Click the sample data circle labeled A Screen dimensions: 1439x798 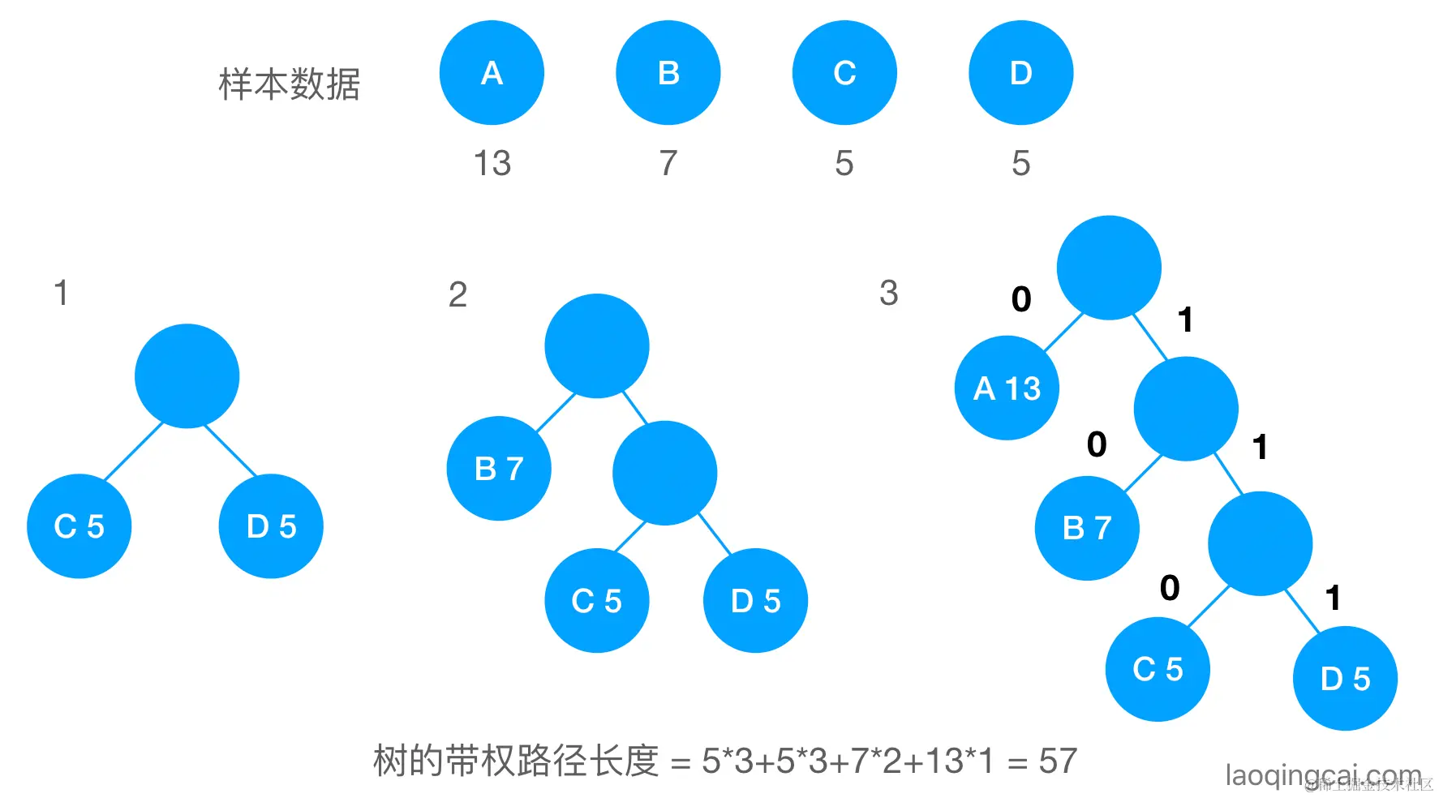(x=492, y=73)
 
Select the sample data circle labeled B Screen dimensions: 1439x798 (x=668, y=73)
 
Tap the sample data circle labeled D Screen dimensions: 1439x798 (x=1020, y=73)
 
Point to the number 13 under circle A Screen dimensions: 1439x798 (x=492, y=163)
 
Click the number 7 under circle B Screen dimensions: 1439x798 (x=668, y=163)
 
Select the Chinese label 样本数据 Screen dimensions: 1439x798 (x=290, y=84)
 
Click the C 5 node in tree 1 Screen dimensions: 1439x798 (x=79, y=526)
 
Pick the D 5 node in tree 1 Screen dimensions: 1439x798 (x=271, y=526)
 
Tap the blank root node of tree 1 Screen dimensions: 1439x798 (x=187, y=375)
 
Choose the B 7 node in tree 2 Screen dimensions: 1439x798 (x=499, y=469)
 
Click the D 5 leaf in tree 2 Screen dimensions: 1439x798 (x=755, y=601)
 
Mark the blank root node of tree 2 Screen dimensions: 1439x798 (x=597, y=345)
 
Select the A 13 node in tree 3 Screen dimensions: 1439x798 (x=1007, y=388)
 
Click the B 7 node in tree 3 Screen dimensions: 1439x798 (x=1087, y=528)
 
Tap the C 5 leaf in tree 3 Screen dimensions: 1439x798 (x=1158, y=669)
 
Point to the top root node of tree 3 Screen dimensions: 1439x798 (x=1109, y=268)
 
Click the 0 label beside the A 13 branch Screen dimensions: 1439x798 (x=1021, y=299)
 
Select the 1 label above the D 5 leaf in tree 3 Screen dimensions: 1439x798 (x=1332, y=598)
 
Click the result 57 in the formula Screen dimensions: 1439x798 (x=1058, y=761)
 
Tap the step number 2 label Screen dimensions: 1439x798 (x=457, y=294)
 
